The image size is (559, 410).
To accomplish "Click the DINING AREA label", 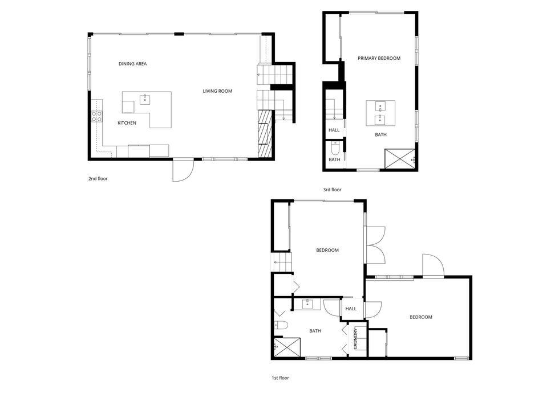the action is coord(132,64).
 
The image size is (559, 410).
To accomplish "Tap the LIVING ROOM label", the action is coord(217,91).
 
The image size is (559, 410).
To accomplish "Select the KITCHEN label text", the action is coord(127,123).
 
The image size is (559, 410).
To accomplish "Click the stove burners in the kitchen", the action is coord(97,116).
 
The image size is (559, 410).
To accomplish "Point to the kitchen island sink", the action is coord(145,99).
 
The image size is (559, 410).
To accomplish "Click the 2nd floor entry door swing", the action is coord(183,170).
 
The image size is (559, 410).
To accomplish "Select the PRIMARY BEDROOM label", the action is coord(379,58).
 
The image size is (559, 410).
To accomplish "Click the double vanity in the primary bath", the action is coord(380,113).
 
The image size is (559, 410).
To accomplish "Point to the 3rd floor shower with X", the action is coord(400,158).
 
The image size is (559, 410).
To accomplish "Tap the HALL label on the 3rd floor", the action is coord(334,130).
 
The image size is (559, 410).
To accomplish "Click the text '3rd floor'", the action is coord(332,190).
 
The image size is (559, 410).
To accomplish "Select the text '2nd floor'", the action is coord(98,179).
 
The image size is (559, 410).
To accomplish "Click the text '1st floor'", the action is coord(280,378).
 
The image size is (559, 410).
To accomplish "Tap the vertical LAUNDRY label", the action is coord(355,338).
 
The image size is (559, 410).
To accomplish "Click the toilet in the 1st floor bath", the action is coord(281,325).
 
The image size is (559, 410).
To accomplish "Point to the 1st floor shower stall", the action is coord(287,347).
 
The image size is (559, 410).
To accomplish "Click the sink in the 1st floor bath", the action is coord(307,304).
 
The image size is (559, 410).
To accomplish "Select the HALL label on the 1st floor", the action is coord(351,309).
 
